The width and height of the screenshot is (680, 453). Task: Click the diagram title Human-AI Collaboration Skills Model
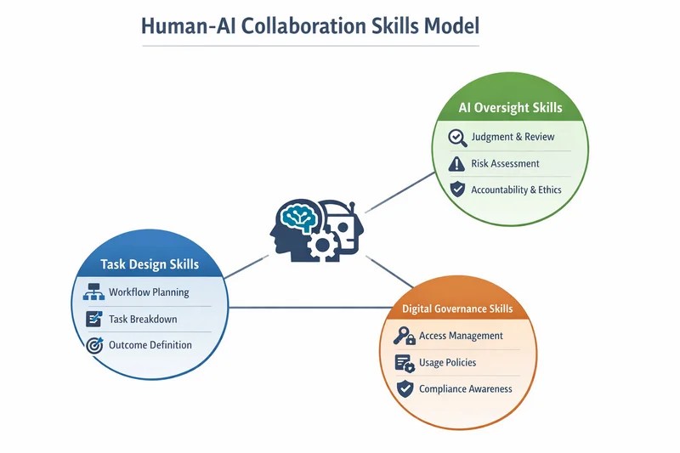[x=309, y=25]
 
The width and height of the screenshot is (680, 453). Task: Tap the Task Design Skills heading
[x=150, y=264]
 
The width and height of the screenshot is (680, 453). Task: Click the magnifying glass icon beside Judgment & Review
[x=457, y=137]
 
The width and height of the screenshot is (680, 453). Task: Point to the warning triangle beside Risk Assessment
[x=457, y=163]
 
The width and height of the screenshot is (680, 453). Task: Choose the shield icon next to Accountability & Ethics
[x=457, y=190]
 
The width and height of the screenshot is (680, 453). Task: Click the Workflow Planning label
[x=149, y=292]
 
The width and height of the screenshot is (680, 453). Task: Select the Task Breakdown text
[x=143, y=319]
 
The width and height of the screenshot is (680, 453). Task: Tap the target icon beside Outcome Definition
[x=94, y=345]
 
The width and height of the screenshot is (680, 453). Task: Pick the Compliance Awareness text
[x=466, y=389]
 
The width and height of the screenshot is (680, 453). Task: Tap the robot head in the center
[x=344, y=225]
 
